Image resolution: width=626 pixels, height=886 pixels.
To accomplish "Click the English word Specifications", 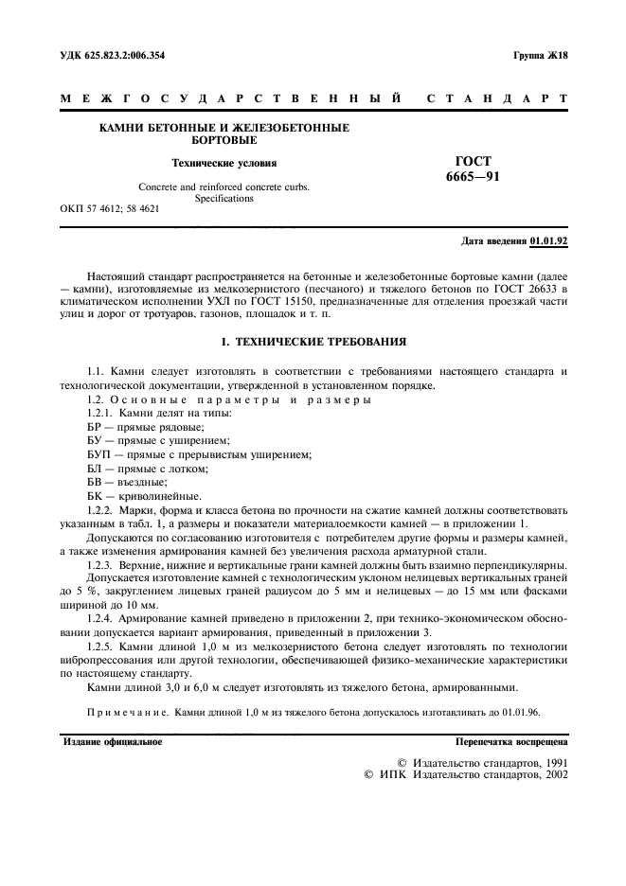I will pyautogui.click(x=224, y=199).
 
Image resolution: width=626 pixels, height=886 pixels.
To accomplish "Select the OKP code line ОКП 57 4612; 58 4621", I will pyautogui.click(x=109, y=209).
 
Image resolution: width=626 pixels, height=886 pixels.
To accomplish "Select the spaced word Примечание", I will pyautogui.click(x=128, y=710).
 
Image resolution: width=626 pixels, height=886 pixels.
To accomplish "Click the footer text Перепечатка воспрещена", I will pyautogui.click(x=511, y=741).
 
